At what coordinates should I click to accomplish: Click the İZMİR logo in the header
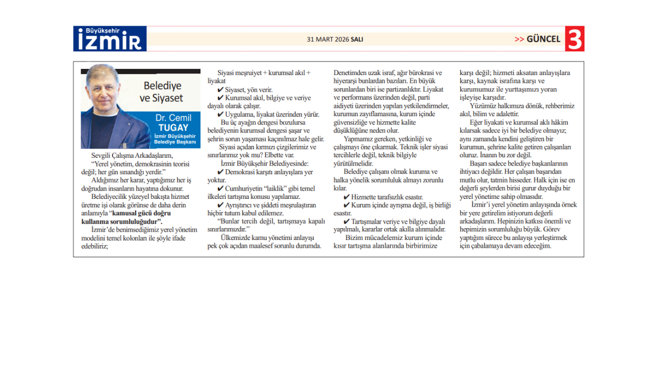point(110,41)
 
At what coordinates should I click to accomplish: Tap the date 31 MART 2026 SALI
point(335,39)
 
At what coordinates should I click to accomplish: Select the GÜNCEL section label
point(543,39)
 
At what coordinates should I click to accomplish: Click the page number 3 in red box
point(575,39)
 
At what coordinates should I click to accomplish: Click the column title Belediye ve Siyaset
point(163,91)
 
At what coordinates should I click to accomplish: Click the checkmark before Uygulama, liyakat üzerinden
point(221,115)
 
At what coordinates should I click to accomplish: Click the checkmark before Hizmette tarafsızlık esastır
point(347,197)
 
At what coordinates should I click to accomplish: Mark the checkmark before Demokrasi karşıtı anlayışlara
point(221,172)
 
